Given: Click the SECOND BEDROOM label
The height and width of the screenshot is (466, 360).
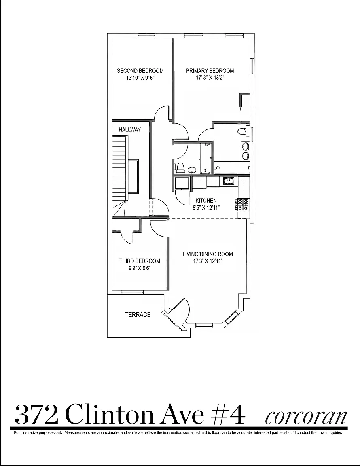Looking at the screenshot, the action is click(140, 71).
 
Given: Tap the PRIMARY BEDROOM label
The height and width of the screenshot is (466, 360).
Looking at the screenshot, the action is click(210, 71).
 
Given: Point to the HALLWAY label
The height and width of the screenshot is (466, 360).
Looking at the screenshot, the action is click(129, 129).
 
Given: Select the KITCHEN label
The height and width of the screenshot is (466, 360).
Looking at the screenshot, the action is click(206, 201).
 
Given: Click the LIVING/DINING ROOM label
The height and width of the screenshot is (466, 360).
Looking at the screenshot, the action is click(208, 254).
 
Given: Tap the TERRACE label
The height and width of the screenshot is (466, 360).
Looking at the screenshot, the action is click(138, 314).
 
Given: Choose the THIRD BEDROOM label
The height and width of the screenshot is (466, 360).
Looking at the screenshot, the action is click(140, 261).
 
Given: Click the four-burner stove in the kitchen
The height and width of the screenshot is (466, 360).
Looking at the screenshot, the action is click(242, 204).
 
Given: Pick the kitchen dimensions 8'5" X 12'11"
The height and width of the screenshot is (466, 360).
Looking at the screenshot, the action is click(206, 208).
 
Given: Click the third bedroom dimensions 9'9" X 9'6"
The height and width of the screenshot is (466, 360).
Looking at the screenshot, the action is click(140, 268).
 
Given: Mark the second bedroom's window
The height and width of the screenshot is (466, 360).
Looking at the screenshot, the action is click(146, 36).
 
